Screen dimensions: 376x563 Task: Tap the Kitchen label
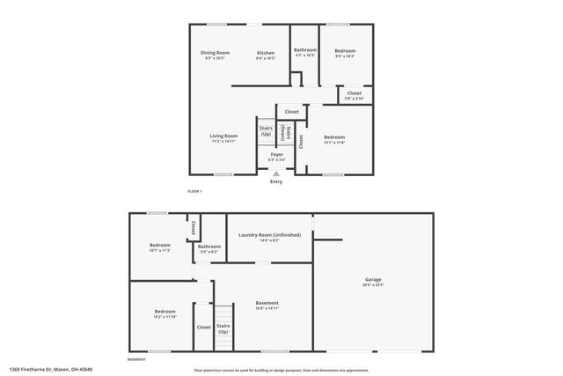[x=266, y=53]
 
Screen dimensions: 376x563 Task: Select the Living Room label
[x=223, y=136]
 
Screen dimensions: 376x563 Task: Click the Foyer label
[x=276, y=154]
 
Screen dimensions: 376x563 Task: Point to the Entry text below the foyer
[x=276, y=181]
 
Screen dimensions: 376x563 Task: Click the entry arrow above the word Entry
[x=276, y=173]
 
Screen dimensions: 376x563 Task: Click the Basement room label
[x=267, y=303]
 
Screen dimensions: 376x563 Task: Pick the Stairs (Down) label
[x=283, y=133]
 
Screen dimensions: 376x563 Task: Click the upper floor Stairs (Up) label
[x=265, y=130]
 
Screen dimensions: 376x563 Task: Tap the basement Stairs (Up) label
[x=223, y=328]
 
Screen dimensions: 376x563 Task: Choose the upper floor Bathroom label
[x=305, y=50]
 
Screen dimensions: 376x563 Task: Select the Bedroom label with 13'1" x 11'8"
[x=334, y=136]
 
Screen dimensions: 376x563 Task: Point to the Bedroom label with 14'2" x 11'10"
[x=165, y=311]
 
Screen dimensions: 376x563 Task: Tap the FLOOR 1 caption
[x=194, y=192]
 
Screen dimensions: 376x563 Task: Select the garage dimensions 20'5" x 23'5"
[x=373, y=284]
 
